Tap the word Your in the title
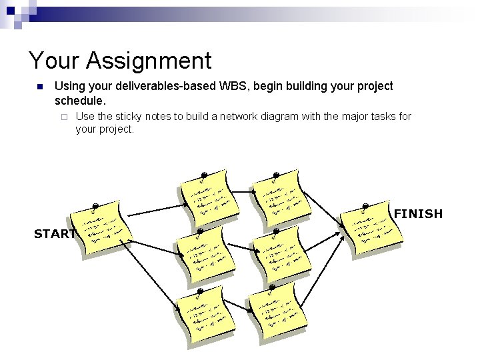point(54,61)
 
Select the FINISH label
point(418,214)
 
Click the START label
point(55,234)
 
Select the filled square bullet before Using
point(39,87)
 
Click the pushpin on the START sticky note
point(96,205)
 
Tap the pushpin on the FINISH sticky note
point(366,206)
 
